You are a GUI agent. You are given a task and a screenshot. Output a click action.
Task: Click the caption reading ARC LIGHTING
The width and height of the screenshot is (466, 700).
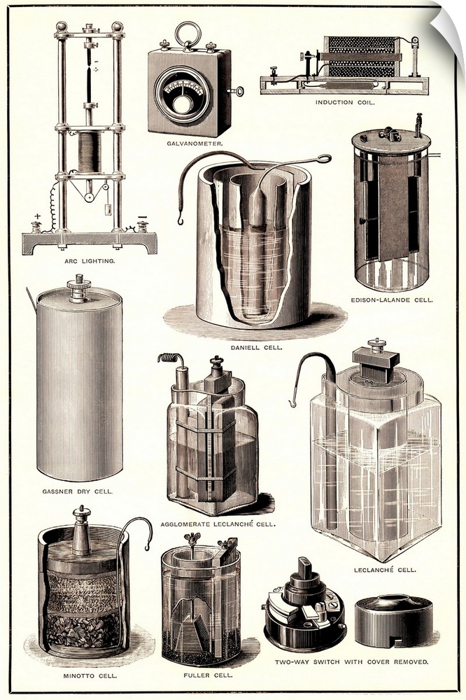(x=90, y=261)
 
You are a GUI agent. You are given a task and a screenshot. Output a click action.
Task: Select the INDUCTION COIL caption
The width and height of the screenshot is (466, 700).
(x=345, y=102)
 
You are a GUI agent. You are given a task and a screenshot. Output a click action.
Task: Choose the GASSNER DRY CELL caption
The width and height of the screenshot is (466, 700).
(x=78, y=491)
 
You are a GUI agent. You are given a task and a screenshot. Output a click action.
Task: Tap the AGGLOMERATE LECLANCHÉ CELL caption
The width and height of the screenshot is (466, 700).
(x=218, y=524)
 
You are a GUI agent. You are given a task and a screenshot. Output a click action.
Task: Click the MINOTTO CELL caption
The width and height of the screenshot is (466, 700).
(x=90, y=675)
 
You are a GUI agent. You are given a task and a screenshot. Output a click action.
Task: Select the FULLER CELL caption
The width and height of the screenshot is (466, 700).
(x=208, y=675)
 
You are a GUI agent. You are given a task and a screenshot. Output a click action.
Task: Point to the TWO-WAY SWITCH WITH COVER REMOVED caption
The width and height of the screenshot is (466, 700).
(x=351, y=662)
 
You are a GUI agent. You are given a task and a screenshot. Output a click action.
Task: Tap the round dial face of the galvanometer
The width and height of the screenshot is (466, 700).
(x=182, y=95)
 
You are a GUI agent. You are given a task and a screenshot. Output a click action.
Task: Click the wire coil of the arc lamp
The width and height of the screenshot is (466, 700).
(x=90, y=153)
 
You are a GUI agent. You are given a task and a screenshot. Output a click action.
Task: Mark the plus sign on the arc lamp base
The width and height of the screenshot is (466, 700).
(x=37, y=216)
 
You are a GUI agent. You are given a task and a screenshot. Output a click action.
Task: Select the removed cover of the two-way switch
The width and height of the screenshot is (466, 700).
(x=394, y=621)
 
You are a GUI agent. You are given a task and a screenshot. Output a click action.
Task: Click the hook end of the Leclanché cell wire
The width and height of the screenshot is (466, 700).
(x=292, y=403)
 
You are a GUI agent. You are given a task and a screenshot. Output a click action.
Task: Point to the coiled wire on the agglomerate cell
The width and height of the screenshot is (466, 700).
(x=169, y=357)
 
